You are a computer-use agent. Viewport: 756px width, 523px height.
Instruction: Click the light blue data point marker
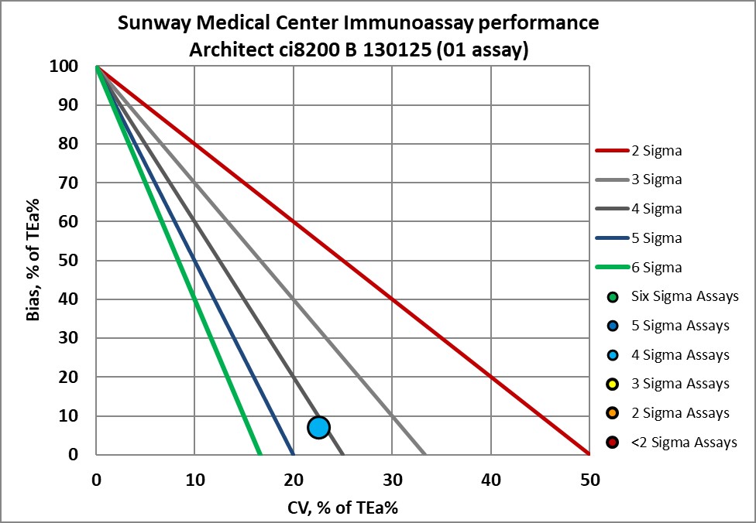(x=318, y=427)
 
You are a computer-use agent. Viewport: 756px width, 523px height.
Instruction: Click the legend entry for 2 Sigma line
(x=639, y=150)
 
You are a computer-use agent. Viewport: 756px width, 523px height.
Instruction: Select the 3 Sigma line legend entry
(x=639, y=179)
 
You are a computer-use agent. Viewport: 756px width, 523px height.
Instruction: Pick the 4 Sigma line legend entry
(x=639, y=209)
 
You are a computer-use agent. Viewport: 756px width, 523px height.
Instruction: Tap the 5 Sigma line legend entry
(x=639, y=238)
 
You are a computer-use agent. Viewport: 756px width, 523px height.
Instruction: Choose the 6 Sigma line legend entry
(x=639, y=268)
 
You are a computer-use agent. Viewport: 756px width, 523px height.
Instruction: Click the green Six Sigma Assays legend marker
(x=613, y=296)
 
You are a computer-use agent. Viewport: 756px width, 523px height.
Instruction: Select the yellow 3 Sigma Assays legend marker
(x=613, y=385)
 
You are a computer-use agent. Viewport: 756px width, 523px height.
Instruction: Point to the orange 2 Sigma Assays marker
(x=613, y=414)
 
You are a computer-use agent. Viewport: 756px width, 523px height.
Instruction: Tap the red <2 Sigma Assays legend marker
(x=613, y=443)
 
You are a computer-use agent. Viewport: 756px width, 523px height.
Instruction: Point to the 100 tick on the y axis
(x=67, y=67)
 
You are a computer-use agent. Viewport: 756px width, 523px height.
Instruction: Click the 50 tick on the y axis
(x=70, y=261)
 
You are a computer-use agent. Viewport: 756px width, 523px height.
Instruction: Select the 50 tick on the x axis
(x=589, y=480)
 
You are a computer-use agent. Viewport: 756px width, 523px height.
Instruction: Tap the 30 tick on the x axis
(x=392, y=480)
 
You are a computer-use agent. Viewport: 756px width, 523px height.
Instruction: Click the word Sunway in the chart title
(x=152, y=23)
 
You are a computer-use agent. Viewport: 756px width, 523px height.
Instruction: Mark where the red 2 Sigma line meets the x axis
(x=589, y=454)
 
